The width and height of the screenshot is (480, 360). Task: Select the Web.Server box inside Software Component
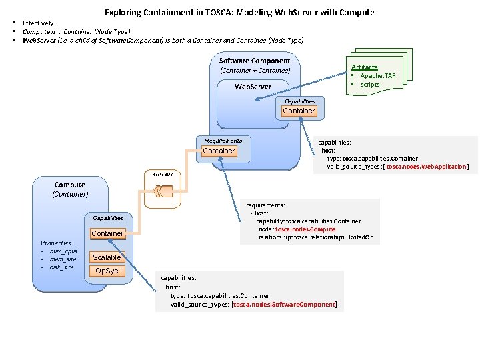coord(253,87)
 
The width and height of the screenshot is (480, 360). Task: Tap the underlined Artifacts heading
coord(364,67)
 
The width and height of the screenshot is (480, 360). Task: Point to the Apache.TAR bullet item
coord(377,76)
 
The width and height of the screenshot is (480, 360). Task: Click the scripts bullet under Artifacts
coord(370,85)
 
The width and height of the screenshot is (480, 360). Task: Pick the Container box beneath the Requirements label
coord(219,151)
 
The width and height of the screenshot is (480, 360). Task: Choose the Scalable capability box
coord(107,257)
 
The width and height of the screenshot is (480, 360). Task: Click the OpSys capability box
coord(107,271)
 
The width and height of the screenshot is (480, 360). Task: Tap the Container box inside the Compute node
coord(107,233)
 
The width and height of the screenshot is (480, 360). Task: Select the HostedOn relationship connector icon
coord(163,192)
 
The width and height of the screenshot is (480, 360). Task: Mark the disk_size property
coord(61,267)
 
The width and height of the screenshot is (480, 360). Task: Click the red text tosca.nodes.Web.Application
coord(427,166)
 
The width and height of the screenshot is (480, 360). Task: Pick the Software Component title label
coord(255,61)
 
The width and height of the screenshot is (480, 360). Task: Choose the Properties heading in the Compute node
coord(56,243)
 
